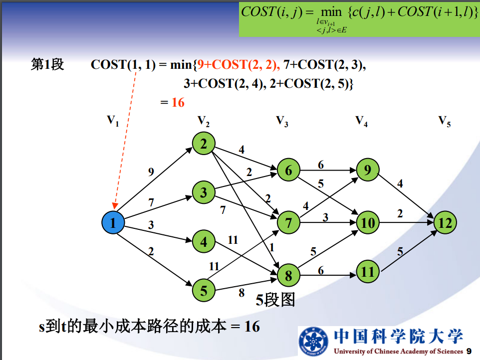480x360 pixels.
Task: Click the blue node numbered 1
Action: coord(113,222)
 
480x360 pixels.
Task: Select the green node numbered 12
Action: coord(445,222)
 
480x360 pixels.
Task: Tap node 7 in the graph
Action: coord(288,222)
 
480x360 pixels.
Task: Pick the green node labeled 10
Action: coord(368,222)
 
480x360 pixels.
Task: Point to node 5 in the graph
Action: coord(204,290)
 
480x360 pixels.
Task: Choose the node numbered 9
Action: coord(368,170)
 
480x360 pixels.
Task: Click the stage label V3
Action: coord(282,121)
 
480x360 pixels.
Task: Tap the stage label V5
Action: coord(444,121)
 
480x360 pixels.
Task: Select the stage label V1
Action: coord(113,121)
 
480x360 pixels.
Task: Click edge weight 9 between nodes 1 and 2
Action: coord(151,172)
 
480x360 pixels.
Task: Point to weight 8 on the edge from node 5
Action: coord(241,293)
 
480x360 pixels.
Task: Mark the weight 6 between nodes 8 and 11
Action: coord(320,270)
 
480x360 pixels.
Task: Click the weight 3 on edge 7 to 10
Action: coord(325,216)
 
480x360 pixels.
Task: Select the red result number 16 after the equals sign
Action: coord(178,103)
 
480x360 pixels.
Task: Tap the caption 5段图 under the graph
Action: coord(275,300)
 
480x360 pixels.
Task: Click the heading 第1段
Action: coord(47,65)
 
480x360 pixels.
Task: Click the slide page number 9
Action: coord(469,351)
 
